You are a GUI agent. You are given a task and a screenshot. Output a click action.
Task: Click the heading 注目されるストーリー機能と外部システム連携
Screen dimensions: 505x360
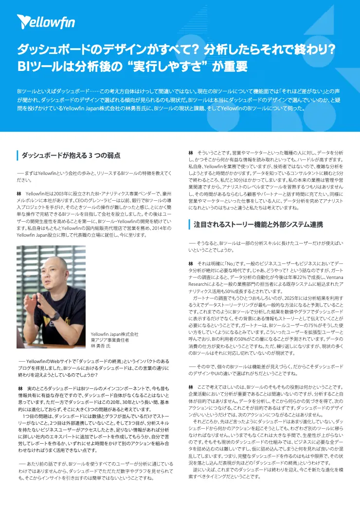pos(258,224)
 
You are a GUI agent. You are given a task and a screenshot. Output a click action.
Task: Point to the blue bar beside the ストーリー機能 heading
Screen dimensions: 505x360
pos(189,224)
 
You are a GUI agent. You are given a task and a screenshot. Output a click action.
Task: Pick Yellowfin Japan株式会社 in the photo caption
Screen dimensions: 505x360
pos(115,334)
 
